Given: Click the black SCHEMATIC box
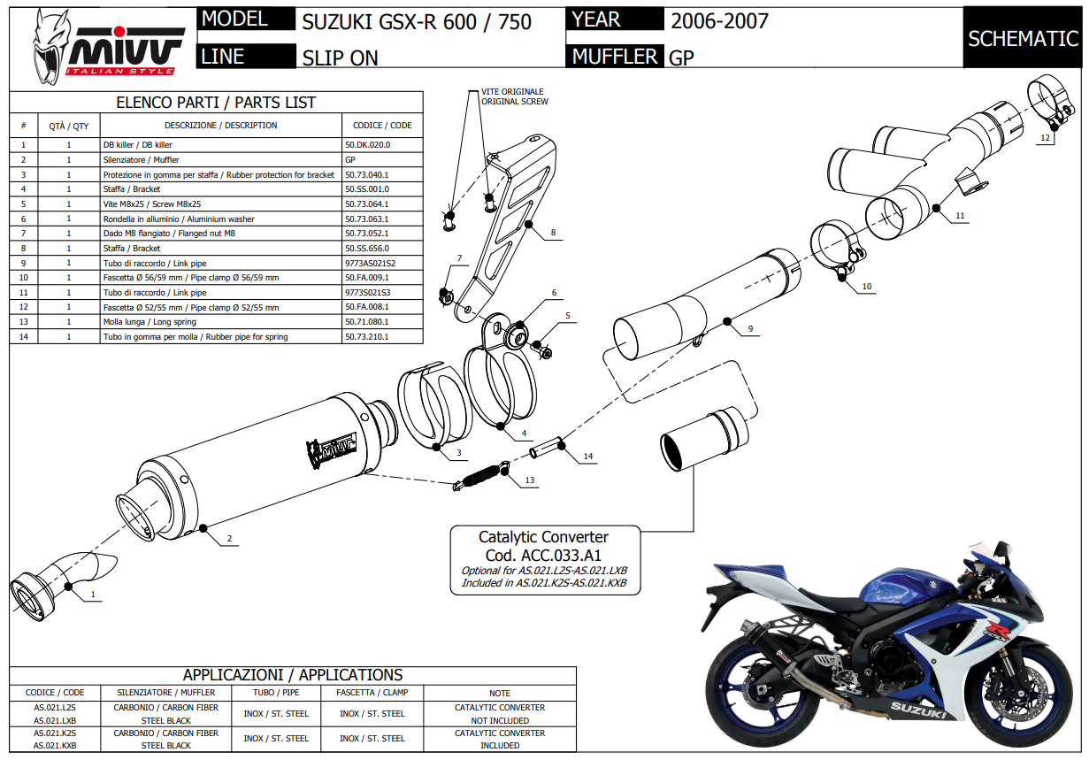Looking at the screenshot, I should point(1023,38).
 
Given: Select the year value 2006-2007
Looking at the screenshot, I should point(719,20).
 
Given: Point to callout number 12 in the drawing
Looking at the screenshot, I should point(1045,138).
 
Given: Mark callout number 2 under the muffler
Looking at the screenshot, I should point(229,538).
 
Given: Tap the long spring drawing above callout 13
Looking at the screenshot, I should point(481,474).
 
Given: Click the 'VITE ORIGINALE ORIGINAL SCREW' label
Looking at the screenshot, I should point(513,96).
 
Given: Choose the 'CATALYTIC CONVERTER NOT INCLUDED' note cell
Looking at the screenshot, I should point(499,714).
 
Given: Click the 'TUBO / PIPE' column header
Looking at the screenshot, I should point(276,693).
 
